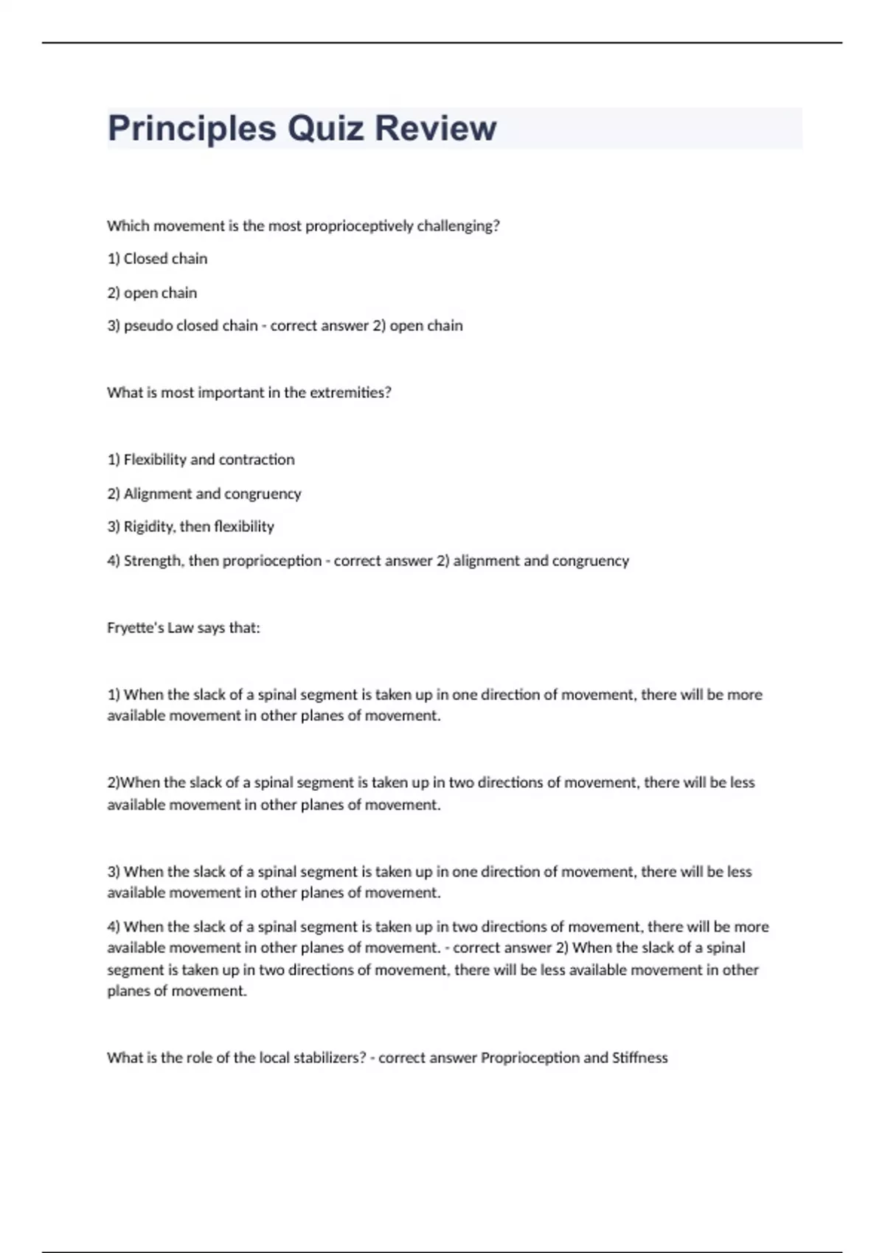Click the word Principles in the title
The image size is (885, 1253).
pos(192,128)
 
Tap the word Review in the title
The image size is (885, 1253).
pos(435,128)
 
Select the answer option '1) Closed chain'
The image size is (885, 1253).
pos(157,259)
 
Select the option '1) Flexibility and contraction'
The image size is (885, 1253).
pos(201,460)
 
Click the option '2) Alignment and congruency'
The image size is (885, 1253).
pos(204,494)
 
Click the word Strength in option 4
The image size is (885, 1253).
pos(151,561)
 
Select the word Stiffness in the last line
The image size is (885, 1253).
pos(639,1058)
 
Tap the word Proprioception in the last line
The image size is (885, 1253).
pos(530,1058)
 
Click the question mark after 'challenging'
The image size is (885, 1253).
pos(496,226)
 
